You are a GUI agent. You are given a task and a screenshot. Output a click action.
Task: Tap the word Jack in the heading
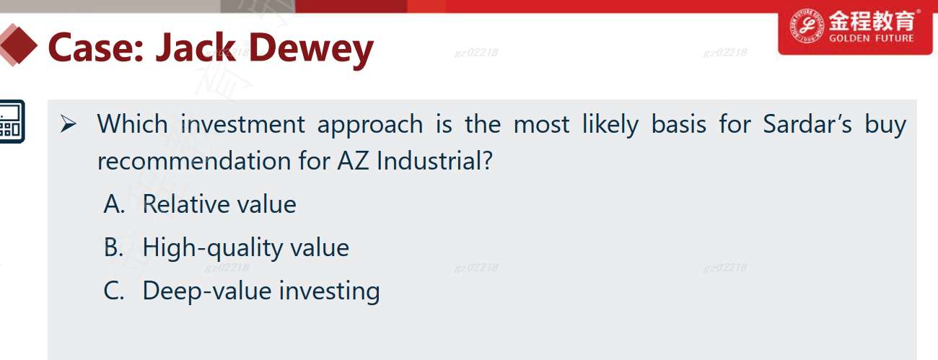click(196, 48)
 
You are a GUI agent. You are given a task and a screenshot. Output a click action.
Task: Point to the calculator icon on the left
click(12, 121)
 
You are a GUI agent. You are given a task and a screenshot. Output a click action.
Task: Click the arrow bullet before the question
click(69, 124)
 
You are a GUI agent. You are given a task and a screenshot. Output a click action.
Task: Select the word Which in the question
click(132, 124)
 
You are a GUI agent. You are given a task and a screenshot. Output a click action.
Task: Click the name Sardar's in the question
click(807, 124)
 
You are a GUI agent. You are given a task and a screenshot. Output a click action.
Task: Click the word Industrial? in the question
click(434, 161)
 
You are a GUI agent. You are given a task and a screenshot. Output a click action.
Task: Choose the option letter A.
click(114, 204)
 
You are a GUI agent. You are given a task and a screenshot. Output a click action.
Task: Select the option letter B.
click(113, 247)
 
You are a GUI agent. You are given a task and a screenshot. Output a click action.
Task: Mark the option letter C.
click(113, 291)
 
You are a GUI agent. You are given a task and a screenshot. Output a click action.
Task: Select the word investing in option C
click(329, 291)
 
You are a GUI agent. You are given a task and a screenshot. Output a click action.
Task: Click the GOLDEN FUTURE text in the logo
click(872, 38)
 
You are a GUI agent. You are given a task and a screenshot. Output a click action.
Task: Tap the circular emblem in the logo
click(807, 25)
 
